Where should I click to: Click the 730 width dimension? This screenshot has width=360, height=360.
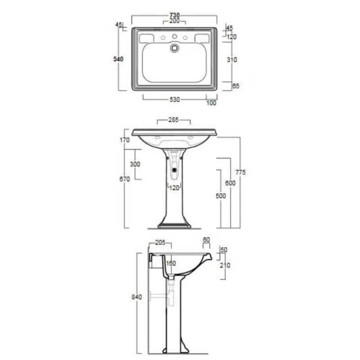pyautogui.click(x=175, y=15)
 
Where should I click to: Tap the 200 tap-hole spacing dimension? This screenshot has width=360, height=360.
pyautogui.click(x=175, y=21)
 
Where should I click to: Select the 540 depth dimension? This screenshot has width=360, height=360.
pyautogui.click(x=118, y=59)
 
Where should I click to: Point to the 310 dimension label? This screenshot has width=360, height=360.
pyautogui.click(x=232, y=60)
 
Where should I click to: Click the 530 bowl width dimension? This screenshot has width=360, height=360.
pyautogui.click(x=175, y=99)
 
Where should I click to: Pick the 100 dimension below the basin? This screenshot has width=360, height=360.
pyautogui.click(x=211, y=103)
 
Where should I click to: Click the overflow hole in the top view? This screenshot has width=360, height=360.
pyautogui.click(x=175, y=48)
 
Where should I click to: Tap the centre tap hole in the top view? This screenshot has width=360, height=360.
pyautogui.click(x=175, y=36)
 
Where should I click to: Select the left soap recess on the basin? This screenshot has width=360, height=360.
pyautogui.click(x=146, y=38)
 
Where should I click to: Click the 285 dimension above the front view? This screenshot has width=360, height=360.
pyautogui.click(x=174, y=120)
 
